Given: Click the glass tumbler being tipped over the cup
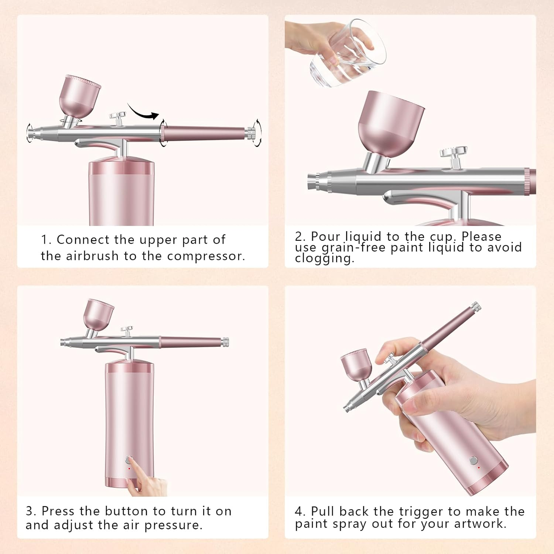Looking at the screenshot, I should tap(347, 55).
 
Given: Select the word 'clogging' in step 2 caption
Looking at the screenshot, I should tap(324, 258).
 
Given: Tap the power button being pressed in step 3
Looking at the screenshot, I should tap(128, 460).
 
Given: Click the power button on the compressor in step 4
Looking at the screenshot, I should tap(473, 461).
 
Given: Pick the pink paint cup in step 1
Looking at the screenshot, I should tap(79, 97).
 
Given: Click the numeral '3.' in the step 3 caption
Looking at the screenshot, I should tap(31, 511).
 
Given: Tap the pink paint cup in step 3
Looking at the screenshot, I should tap(98, 314).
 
